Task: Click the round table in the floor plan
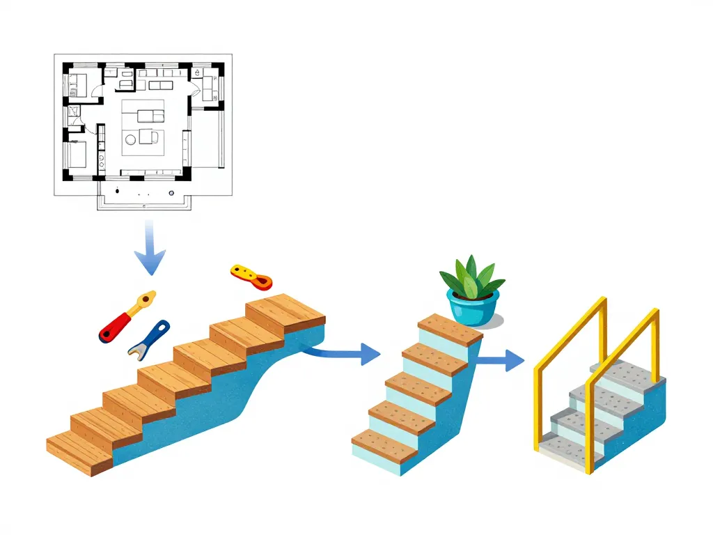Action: click(130, 140)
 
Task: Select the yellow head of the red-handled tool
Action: click(146, 300)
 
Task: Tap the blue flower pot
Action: click(473, 308)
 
